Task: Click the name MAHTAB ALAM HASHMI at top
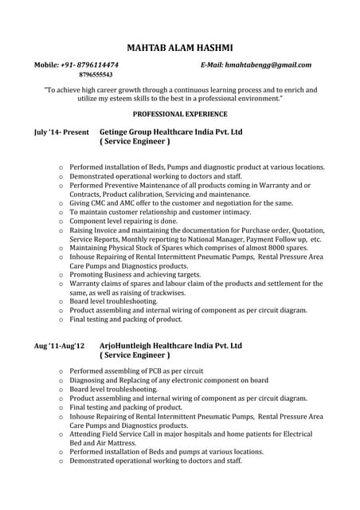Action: (180, 49)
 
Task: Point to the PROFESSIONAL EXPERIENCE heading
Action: (180, 114)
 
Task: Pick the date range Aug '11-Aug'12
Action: (60, 347)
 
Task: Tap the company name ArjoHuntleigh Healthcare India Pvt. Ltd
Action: (170, 347)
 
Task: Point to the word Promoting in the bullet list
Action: (88, 273)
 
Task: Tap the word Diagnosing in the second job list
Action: (89, 381)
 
